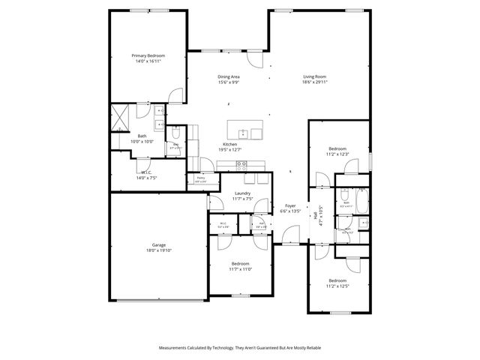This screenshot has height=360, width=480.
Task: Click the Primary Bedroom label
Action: tap(148, 55)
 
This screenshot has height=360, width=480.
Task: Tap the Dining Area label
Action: tap(229, 76)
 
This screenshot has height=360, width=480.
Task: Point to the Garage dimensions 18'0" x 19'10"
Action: tap(159, 250)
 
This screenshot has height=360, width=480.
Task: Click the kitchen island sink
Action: tap(244, 133)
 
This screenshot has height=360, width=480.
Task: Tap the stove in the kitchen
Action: tap(241, 163)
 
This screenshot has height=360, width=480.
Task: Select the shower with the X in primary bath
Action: tap(119, 115)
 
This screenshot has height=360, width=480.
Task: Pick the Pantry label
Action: tap(201, 178)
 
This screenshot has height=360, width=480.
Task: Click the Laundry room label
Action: tap(242, 193)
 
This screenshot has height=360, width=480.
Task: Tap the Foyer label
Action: tap(291, 206)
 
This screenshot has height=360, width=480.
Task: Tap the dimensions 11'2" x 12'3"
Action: tap(337, 154)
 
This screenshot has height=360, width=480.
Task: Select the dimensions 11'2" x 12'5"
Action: tap(337, 286)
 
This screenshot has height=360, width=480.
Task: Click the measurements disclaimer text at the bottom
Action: tap(240, 348)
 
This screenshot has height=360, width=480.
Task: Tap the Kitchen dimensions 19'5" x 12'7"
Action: tap(230, 149)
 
